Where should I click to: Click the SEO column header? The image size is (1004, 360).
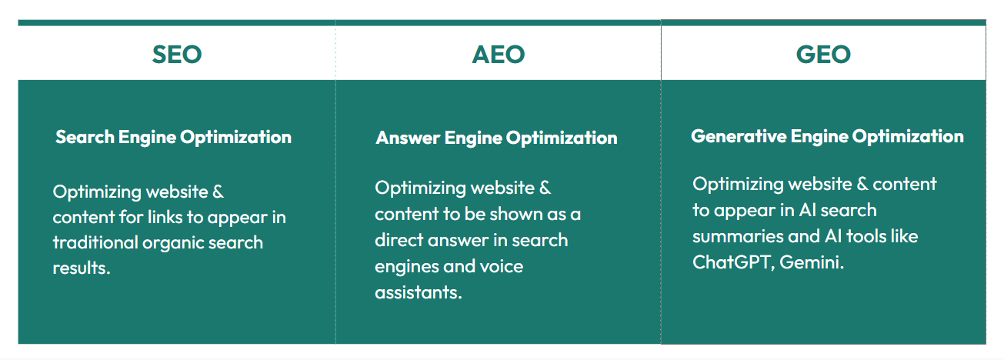(177, 55)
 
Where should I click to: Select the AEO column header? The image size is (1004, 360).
(499, 55)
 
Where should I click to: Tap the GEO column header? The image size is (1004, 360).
(823, 55)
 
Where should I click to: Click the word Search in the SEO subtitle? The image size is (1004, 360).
(85, 137)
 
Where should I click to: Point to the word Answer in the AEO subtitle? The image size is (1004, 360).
(408, 138)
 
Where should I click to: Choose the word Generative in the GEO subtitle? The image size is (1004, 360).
(739, 136)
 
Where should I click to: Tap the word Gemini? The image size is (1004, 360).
(812, 262)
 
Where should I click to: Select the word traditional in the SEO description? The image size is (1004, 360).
(95, 242)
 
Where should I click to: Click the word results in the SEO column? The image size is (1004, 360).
(82, 268)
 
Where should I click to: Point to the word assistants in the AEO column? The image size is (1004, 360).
(419, 293)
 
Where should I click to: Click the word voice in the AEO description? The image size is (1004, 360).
(502, 267)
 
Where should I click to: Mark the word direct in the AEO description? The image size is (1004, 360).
(399, 240)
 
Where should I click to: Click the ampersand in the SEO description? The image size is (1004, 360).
(218, 192)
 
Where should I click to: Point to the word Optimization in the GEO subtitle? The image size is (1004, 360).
(908, 136)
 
